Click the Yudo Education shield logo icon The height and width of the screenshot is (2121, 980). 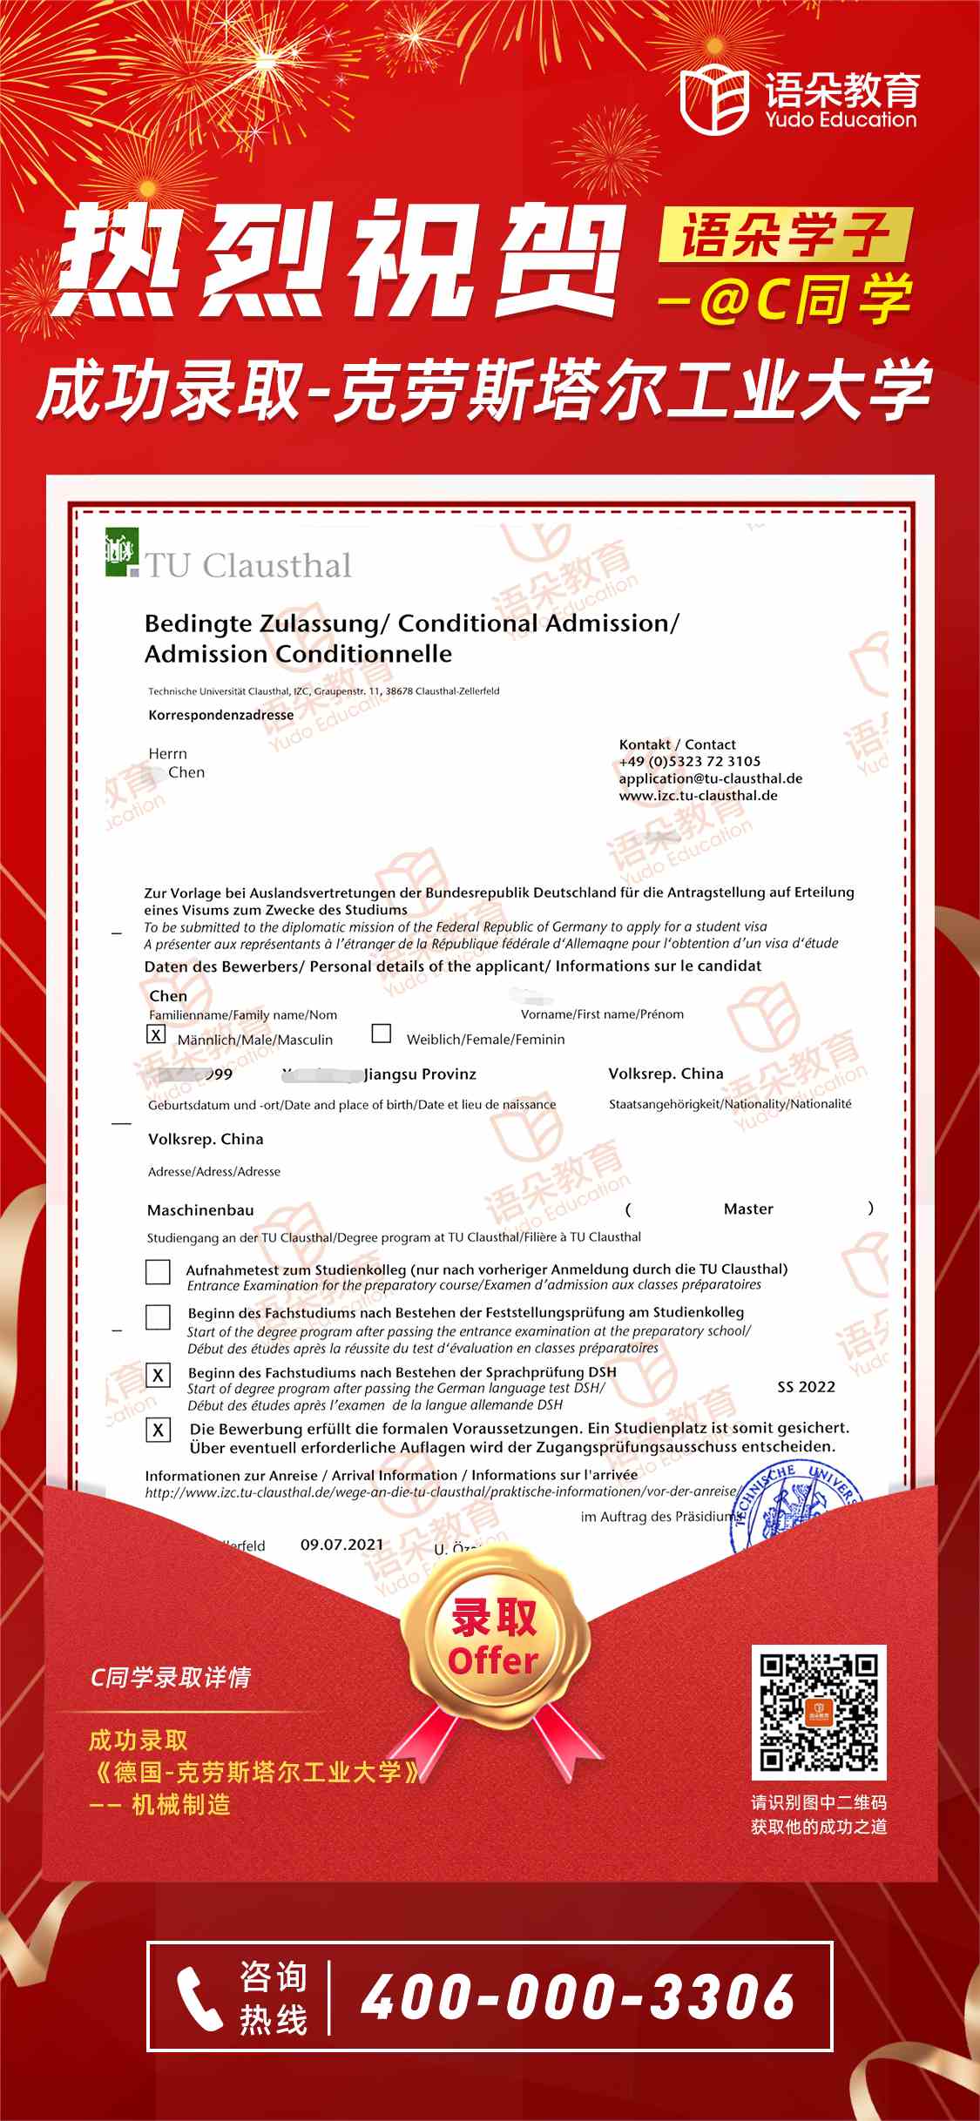[x=713, y=100]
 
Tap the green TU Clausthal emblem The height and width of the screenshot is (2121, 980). [x=121, y=552]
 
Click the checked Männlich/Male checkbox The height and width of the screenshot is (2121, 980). [x=156, y=1034]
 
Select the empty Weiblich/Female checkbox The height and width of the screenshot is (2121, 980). [x=381, y=1033]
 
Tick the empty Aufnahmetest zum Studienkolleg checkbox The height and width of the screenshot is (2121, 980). [x=158, y=1272]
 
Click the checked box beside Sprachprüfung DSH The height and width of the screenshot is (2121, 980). [x=158, y=1375]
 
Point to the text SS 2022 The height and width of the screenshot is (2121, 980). [x=806, y=1387]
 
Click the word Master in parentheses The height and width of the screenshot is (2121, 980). [x=748, y=1209]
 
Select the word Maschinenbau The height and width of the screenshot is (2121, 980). [x=200, y=1210]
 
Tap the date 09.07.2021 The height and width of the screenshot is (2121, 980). [x=341, y=1545]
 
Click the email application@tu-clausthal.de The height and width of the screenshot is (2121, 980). [x=710, y=778]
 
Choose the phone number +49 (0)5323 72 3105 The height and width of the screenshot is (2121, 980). [x=689, y=761]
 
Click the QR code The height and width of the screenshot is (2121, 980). [x=818, y=1713]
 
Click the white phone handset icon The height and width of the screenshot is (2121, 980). [x=199, y=1998]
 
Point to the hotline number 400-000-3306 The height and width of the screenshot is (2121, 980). [x=578, y=1997]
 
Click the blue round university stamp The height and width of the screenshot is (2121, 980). [x=793, y=1511]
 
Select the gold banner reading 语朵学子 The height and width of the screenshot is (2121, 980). [x=783, y=235]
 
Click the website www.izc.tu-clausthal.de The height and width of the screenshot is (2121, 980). [x=698, y=795]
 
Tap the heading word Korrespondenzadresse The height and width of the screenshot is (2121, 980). [x=220, y=715]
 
